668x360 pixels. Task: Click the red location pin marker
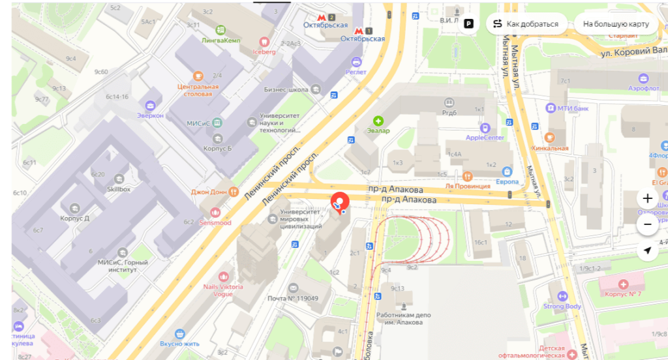coord(340,202)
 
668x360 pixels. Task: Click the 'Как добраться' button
coord(526,24)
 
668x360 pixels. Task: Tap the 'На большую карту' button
coord(616,24)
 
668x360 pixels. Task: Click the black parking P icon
coord(468,24)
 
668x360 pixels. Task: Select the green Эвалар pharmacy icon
coord(378,121)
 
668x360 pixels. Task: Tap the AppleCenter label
coord(484,138)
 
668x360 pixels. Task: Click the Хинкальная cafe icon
coord(549,138)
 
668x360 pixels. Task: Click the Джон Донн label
coord(209,192)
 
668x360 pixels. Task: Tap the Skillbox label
coord(119,188)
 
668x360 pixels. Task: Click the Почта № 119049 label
coord(292,298)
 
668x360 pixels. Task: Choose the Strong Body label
coord(562,306)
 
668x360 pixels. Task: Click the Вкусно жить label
coord(179,344)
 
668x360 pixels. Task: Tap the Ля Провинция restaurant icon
coord(467,176)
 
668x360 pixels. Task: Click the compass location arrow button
coord(647,250)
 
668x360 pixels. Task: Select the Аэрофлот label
coord(645,87)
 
